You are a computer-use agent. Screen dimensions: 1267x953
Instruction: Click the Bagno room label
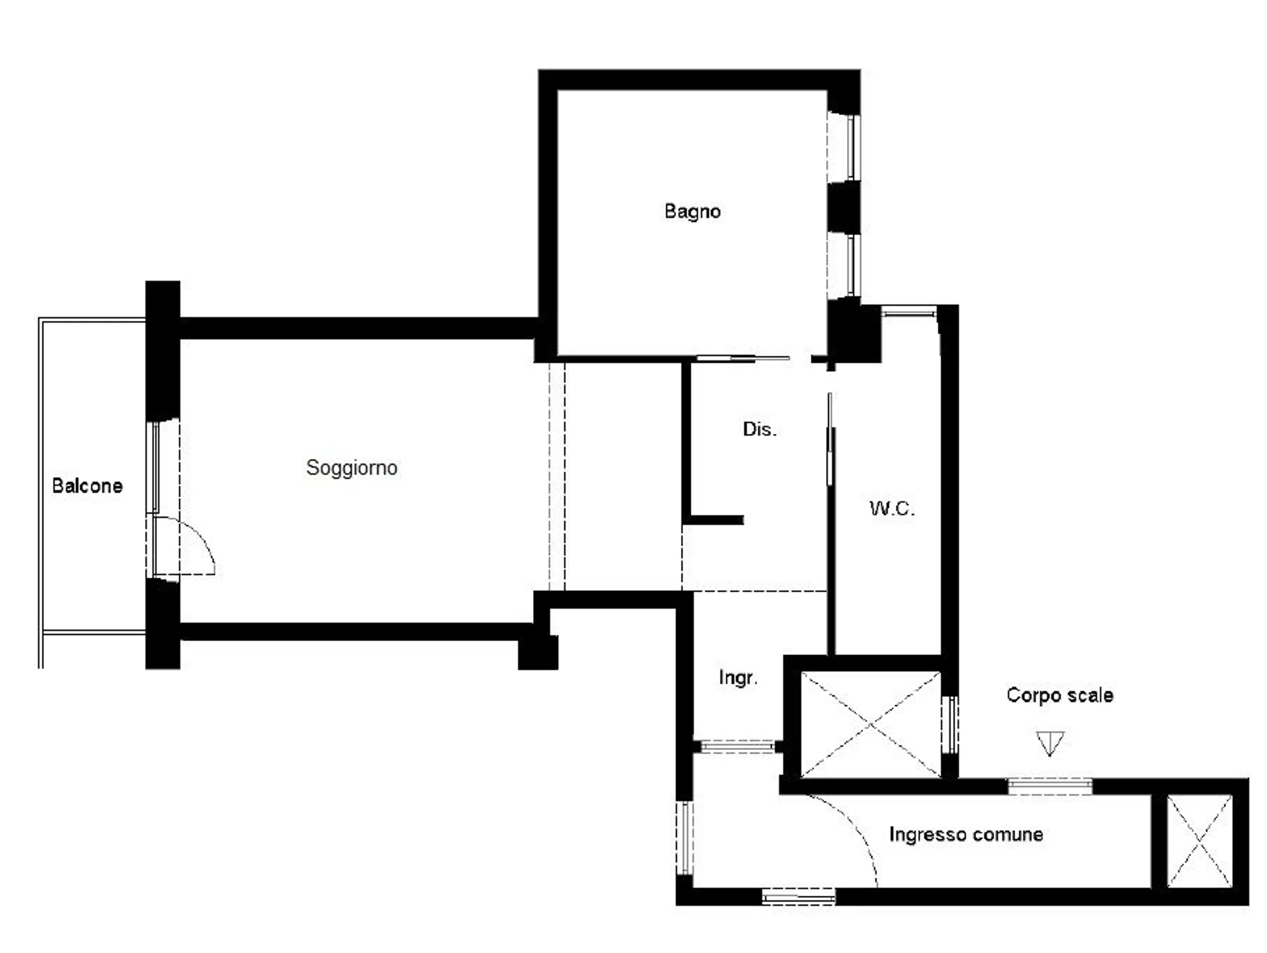pyautogui.click(x=692, y=212)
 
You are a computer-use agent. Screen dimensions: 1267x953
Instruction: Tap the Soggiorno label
pyautogui.click(x=351, y=468)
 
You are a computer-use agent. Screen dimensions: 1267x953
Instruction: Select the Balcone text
pyautogui.click(x=87, y=486)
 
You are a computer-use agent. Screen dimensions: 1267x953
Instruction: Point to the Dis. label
pyautogui.click(x=759, y=429)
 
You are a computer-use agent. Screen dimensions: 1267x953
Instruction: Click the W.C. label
pyautogui.click(x=892, y=508)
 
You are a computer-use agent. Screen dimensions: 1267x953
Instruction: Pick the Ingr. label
pyautogui.click(x=738, y=678)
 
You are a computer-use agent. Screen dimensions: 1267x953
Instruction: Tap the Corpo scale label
pyautogui.click(x=1059, y=695)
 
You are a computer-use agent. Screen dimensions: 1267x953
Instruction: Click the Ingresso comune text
pyautogui.click(x=966, y=834)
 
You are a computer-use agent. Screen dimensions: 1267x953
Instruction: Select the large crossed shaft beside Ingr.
pyautogui.click(x=871, y=724)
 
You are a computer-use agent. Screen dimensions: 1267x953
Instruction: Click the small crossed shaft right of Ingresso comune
pyautogui.click(x=1200, y=841)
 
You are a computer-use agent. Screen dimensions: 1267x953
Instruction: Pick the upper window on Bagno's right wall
pyautogui.click(x=853, y=147)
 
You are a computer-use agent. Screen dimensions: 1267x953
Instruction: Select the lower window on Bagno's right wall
pyautogui.click(x=853, y=265)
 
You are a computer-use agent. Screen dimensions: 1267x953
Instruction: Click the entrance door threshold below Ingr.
pyautogui.click(x=737, y=746)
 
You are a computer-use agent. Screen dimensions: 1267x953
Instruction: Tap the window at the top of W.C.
pyautogui.click(x=909, y=311)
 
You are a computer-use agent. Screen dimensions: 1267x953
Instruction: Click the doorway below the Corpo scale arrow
pyautogui.click(x=1050, y=787)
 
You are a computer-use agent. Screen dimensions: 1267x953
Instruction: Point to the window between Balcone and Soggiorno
pyautogui.click(x=153, y=468)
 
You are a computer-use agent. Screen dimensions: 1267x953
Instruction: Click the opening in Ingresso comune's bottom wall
pyautogui.click(x=799, y=896)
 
